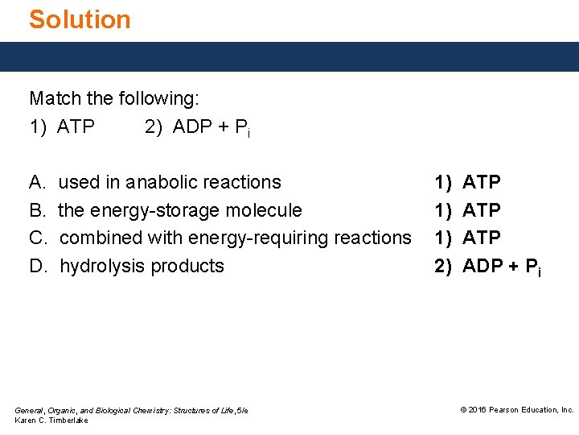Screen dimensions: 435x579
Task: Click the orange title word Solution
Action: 80,19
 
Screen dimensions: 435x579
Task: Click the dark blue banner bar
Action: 289,56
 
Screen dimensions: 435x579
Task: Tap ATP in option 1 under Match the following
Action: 76,126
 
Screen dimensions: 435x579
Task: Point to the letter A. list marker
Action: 37,182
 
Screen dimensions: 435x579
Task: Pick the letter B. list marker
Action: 37,210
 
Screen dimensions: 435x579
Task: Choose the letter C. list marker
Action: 37,238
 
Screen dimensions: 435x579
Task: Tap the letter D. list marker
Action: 37,266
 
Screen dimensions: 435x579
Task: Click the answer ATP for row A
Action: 482,183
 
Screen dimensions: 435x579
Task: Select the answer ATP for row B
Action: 482,210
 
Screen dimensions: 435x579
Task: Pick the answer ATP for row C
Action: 482,238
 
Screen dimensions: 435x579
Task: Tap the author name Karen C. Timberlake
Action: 51,420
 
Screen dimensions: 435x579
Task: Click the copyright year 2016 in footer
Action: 478,410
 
